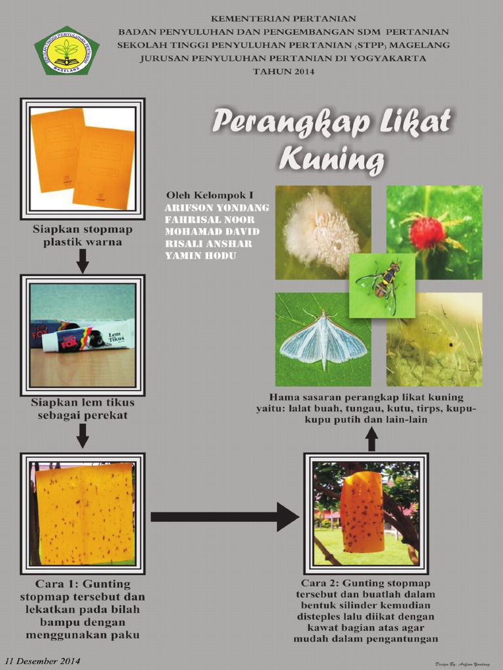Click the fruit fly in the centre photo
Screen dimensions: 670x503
click(x=383, y=284)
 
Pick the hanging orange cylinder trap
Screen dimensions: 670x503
click(x=362, y=512)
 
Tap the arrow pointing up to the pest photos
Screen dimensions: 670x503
click(x=371, y=439)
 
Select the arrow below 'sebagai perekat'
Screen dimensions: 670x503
click(x=83, y=435)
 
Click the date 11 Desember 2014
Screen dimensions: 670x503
click(x=43, y=661)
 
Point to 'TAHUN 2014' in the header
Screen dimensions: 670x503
click(x=284, y=71)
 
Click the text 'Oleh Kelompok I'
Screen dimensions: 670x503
click(x=210, y=195)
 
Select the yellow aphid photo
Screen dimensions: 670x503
click(x=434, y=339)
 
